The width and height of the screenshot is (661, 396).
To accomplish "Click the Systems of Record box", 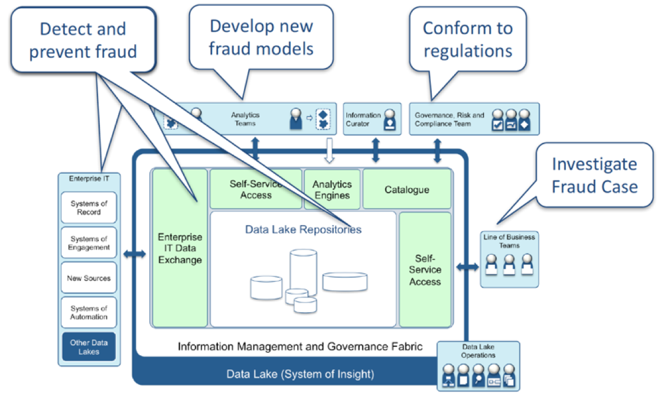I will tap(89, 207).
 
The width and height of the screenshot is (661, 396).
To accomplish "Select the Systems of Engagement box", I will tap(89, 243).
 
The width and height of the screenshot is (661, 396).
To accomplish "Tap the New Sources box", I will tap(89, 278).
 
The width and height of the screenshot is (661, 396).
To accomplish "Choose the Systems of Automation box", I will tap(89, 313).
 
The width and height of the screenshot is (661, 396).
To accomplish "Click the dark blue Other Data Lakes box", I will tap(89, 347).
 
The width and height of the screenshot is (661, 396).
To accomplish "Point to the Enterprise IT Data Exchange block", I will tap(180, 248).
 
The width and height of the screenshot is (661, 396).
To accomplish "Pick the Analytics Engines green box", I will tap(332, 190).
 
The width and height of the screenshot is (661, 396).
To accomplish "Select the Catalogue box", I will tap(406, 190).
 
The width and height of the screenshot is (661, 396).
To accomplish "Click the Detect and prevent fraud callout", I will tap(83, 40).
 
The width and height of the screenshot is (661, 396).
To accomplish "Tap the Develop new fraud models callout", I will tap(261, 37).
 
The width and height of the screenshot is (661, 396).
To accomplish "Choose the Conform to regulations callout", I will tap(467, 39).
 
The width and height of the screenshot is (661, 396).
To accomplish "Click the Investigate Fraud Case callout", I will tap(594, 176).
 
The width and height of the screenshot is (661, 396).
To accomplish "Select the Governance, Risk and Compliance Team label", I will tap(449, 119).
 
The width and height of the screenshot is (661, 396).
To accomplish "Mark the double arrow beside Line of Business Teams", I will tap(468, 268).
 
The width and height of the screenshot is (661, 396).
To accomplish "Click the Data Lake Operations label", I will tap(478, 351).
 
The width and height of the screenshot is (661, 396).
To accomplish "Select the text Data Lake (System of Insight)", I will tap(300, 374).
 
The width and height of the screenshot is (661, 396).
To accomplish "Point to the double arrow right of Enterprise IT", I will tap(134, 254).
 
